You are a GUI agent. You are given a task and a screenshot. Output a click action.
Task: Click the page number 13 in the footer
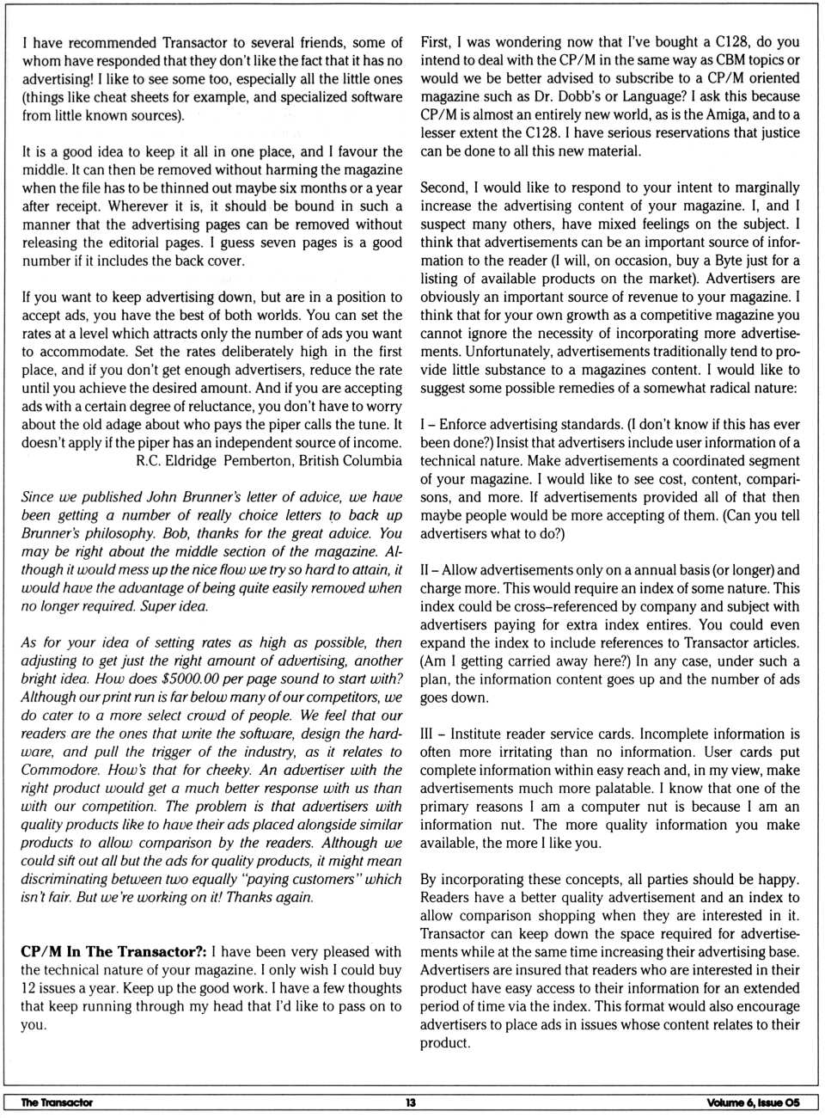click(x=411, y=1103)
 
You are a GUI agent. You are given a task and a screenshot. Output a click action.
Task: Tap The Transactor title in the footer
click(x=57, y=1103)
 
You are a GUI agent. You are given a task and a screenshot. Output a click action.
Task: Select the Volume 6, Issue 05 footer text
click(x=753, y=1103)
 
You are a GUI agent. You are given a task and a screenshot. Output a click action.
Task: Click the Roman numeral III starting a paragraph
click(x=427, y=734)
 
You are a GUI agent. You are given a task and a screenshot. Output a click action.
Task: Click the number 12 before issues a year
click(x=28, y=988)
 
